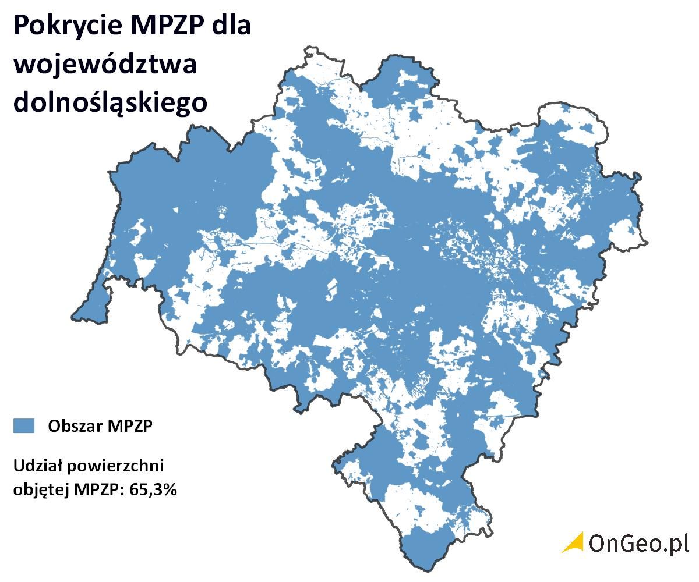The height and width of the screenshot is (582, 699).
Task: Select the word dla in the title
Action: pos(231,27)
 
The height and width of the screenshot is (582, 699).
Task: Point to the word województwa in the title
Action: pos(105,65)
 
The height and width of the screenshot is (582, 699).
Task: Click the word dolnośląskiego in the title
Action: pos(110,102)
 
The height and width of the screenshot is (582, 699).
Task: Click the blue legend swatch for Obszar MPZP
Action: pos(24,425)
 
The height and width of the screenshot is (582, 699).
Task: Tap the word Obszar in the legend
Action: pos(73,426)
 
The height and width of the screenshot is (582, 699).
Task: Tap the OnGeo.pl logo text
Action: pos(638,543)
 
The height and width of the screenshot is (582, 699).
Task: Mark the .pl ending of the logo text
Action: pos(677,543)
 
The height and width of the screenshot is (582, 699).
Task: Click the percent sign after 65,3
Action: pos(169,489)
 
